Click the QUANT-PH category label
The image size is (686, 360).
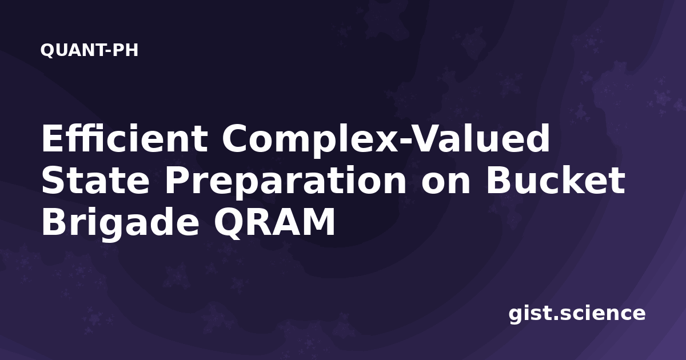[x=89, y=50]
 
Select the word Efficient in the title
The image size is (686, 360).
[x=125, y=138]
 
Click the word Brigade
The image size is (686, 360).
[x=121, y=224]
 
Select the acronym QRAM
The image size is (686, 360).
[x=274, y=222]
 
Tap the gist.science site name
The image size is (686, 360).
[x=577, y=314]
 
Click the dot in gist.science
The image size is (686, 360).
[x=555, y=318]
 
